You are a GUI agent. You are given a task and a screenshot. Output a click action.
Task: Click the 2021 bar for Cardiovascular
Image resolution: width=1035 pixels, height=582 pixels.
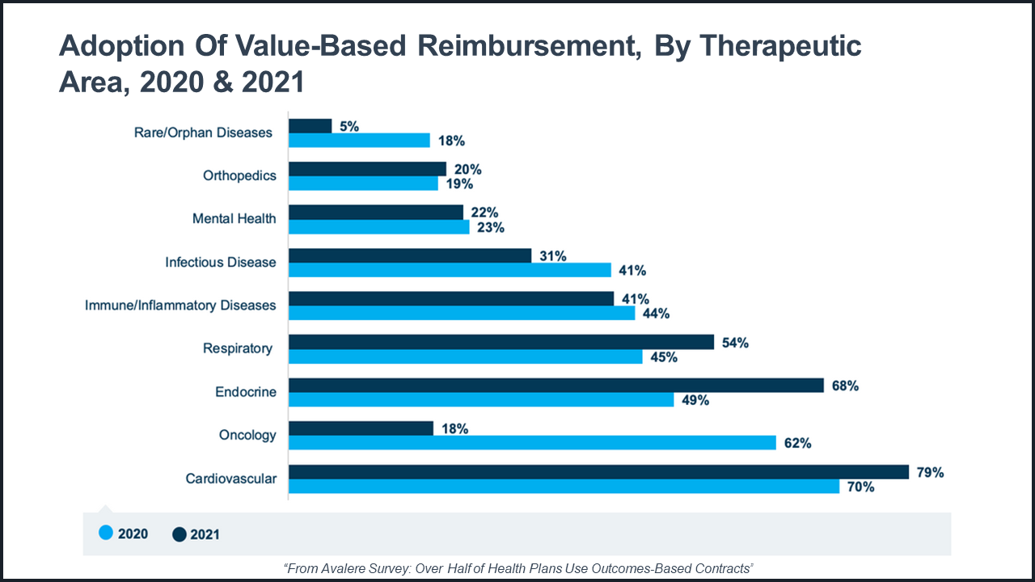pyautogui.click(x=598, y=472)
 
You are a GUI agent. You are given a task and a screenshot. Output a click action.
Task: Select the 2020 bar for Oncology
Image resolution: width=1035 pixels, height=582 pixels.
pyautogui.click(x=532, y=443)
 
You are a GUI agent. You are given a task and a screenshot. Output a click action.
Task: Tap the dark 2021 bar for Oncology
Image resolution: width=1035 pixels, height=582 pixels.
pyautogui.click(x=361, y=428)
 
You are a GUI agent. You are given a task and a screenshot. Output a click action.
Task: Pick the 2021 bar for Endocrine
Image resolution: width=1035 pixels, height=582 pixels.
pyautogui.click(x=556, y=386)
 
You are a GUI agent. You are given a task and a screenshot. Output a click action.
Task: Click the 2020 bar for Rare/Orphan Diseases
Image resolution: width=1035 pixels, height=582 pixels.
pyautogui.click(x=359, y=141)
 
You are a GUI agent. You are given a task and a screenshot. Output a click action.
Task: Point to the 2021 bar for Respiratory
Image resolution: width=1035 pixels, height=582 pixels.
pyautogui.click(x=501, y=342)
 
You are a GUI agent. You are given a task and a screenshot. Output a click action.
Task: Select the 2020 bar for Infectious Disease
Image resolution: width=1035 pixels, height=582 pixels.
pyautogui.click(x=450, y=270)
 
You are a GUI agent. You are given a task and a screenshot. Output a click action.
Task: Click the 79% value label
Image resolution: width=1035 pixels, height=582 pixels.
pyautogui.click(x=930, y=473)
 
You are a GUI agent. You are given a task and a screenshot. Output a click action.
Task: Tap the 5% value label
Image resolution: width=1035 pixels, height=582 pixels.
pyautogui.click(x=349, y=126)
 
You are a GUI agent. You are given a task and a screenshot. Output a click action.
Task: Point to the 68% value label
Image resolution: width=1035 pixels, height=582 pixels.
pyautogui.click(x=844, y=386)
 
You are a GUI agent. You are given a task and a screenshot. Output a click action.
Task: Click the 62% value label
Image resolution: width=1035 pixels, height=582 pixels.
pyautogui.click(x=797, y=443)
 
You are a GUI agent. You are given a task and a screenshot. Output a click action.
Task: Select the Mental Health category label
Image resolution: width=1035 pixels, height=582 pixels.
pyautogui.click(x=234, y=218)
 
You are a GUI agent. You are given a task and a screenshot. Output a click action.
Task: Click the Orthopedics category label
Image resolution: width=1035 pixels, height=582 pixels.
pyautogui.click(x=239, y=175)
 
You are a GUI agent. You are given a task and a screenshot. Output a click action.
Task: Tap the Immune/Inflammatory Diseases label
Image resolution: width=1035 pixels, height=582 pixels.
pyautogui.click(x=180, y=305)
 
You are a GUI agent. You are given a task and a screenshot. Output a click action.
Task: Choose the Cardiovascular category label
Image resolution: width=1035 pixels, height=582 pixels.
pyautogui.click(x=230, y=479)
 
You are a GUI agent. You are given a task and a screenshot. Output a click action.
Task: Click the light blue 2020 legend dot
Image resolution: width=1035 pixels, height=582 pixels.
pyautogui.click(x=105, y=533)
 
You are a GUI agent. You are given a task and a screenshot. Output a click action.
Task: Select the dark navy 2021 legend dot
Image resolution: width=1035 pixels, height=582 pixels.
pyautogui.click(x=180, y=533)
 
